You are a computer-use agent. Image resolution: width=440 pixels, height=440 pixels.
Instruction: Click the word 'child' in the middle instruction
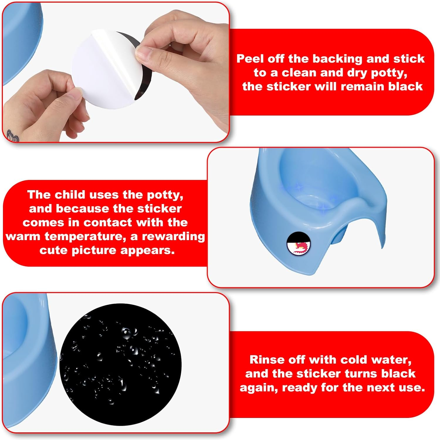click(x=71, y=195)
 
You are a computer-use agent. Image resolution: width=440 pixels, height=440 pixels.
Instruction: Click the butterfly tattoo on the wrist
click(x=13, y=136)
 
